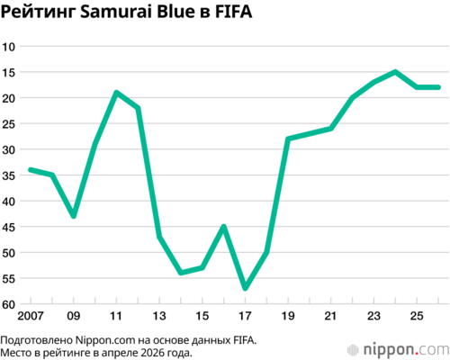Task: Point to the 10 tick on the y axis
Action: [9, 47]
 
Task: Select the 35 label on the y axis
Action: [9, 175]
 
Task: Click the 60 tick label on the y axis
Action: [9, 305]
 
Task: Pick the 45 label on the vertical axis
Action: [9, 228]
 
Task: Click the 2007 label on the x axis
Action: [31, 316]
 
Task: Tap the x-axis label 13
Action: [159, 316]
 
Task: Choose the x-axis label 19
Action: [288, 316]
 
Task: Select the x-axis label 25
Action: [417, 316]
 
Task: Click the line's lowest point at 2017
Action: [245, 288]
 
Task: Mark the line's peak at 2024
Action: [395, 72]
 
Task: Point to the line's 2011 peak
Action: [116, 93]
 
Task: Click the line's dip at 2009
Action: [74, 216]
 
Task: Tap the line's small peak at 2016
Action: [223, 226]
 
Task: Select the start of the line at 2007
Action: [31, 170]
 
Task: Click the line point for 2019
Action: [288, 139]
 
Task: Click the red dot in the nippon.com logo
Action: [417, 354]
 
